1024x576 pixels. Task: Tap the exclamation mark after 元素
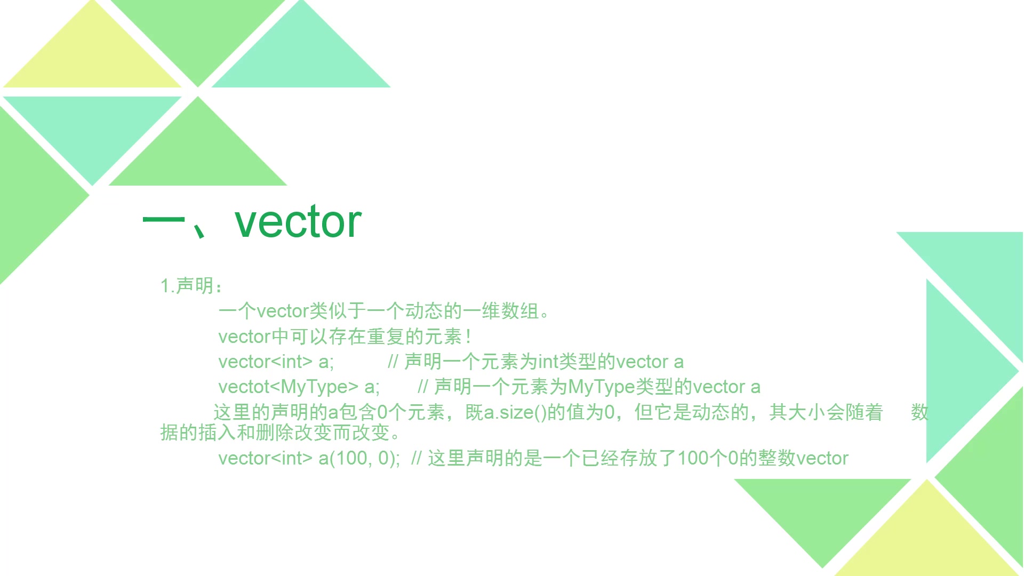468,337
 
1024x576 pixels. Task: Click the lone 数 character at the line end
919,412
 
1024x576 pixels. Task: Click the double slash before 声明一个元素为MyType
423,387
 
